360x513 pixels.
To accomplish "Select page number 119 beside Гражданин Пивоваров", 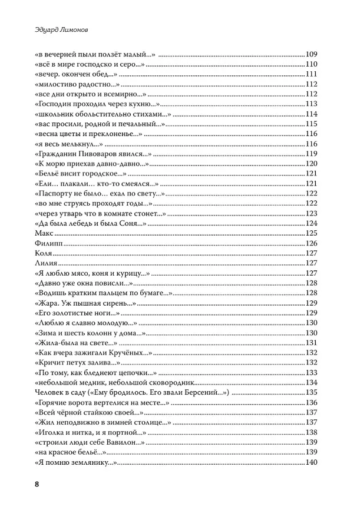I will point(312,153).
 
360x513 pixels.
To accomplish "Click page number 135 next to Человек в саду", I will point(312,392).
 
